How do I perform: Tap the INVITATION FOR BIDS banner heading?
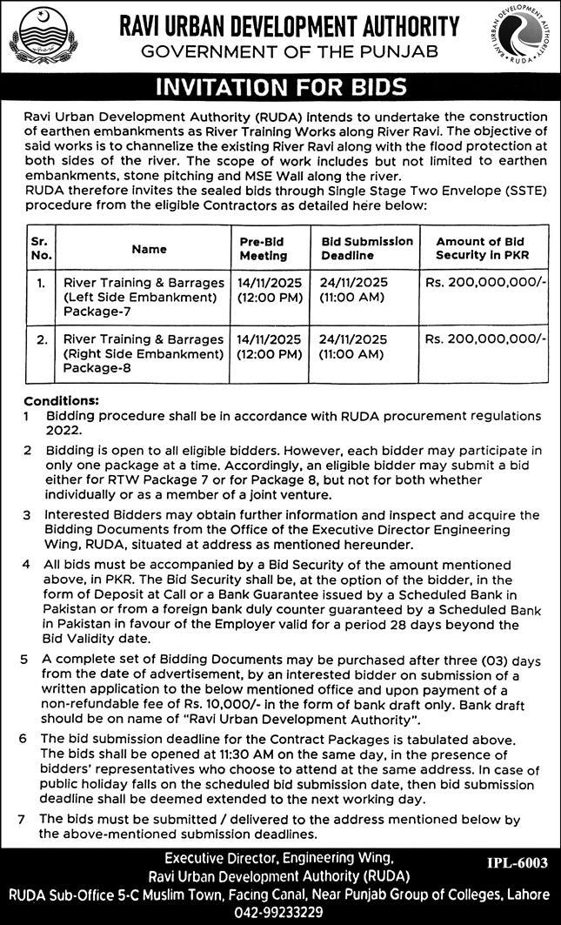[280, 87]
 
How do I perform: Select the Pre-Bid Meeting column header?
[262, 248]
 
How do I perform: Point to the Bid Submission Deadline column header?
[367, 248]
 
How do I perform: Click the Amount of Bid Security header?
[482, 248]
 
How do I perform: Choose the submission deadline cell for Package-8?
[355, 346]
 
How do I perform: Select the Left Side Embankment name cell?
[139, 297]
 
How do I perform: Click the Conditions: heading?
[61, 401]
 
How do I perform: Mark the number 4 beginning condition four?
[29, 565]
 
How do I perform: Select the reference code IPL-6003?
[518, 863]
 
